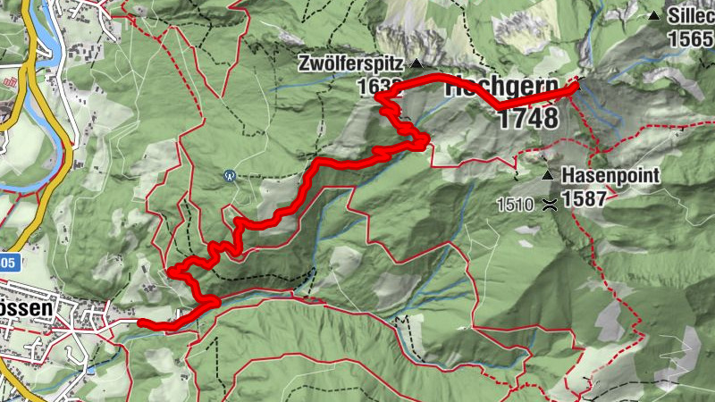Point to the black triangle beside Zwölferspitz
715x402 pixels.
[416, 64]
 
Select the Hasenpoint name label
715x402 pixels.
[611, 176]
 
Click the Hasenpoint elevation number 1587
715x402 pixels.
[585, 198]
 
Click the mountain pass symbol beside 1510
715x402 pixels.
[548, 204]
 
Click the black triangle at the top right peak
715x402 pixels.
[655, 15]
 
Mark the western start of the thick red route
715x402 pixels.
[140, 322]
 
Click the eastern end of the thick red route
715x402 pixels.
[574, 87]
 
